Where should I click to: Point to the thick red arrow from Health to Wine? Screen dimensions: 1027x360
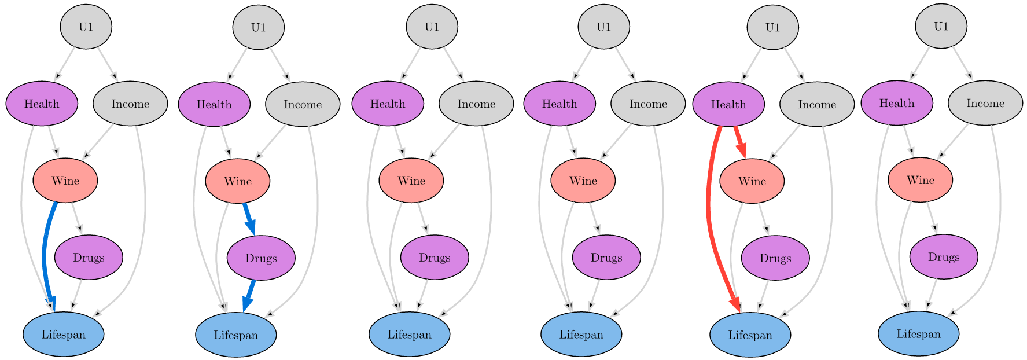(739, 142)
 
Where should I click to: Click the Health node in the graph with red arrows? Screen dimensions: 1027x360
(728, 104)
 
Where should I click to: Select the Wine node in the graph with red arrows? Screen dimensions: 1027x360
(752, 181)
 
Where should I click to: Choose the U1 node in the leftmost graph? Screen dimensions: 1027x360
(86, 27)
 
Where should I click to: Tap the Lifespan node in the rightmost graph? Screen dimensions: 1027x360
(918, 334)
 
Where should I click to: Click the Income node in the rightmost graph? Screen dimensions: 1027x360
(985, 103)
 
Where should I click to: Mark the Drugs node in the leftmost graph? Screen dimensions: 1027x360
(89, 258)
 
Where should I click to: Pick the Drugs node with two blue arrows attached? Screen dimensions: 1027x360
(261, 258)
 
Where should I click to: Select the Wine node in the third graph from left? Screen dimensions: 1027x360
(411, 181)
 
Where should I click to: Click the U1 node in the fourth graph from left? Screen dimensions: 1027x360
(604, 27)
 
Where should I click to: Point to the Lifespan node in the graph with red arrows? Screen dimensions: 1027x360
(750, 335)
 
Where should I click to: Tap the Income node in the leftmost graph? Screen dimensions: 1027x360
(130, 104)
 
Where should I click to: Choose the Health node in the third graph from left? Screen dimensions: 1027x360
(388, 104)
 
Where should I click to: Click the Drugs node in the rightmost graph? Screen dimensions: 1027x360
(944, 257)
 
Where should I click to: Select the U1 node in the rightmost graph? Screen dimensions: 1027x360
(941, 26)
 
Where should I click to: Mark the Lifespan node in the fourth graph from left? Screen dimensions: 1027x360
(581, 334)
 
